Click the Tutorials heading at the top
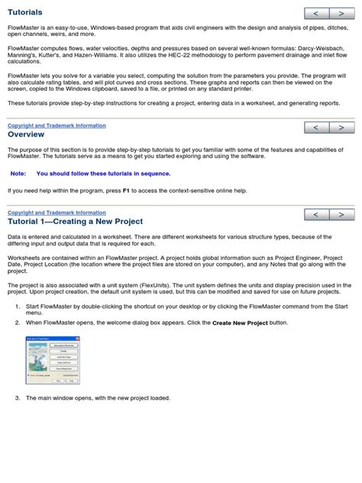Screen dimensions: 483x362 [25, 12]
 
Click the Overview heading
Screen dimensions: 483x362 [26, 134]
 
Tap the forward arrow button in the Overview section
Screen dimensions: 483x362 [341, 128]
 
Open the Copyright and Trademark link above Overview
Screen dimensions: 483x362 [57, 125]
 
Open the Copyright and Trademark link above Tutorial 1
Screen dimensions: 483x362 [57, 212]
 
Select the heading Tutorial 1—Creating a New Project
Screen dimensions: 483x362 [74, 222]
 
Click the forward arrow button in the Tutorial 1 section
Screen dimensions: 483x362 [341, 215]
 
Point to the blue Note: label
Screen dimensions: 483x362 [18, 173]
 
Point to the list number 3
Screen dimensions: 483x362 [18, 398]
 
